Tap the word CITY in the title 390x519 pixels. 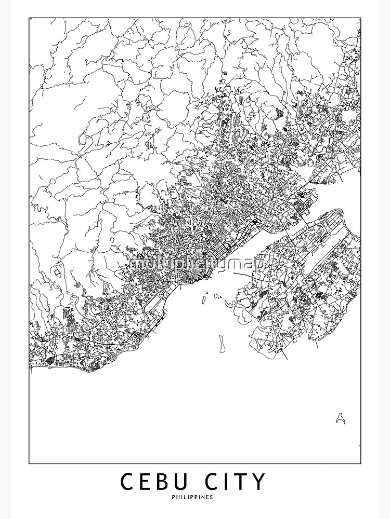(x=237, y=482)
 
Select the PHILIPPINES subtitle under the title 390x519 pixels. (x=195, y=497)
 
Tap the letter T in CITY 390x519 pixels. (x=242, y=482)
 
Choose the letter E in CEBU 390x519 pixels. (x=145, y=482)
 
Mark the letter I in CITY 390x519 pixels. (x=230, y=482)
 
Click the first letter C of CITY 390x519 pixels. (x=215, y=482)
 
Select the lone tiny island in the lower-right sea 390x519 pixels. (x=341, y=417)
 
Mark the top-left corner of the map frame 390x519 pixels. (x=29, y=18)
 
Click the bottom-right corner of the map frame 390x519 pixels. (x=361, y=463)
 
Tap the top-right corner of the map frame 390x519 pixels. (x=361, y=18)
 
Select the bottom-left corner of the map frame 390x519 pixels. (x=29, y=463)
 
